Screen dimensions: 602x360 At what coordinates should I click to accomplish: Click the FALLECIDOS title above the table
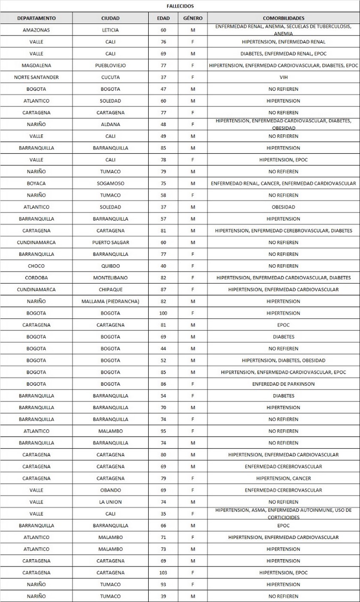(x=180, y=6)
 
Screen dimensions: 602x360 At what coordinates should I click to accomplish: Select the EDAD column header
(x=164, y=18)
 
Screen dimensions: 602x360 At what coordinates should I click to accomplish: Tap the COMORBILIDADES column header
(x=283, y=18)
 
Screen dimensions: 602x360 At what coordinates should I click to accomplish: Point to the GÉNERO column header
(x=193, y=18)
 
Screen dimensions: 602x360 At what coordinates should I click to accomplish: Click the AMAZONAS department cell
(x=36, y=30)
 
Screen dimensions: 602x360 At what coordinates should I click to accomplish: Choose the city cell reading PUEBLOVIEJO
(x=111, y=66)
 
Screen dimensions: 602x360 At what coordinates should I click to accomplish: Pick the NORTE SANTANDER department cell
(x=36, y=77)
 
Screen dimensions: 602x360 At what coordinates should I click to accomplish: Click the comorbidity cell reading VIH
(x=283, y=77)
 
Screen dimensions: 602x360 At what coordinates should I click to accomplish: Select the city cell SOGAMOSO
(x=111, y=183)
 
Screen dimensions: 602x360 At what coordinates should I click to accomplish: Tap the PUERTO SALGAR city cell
(x=111, y=242)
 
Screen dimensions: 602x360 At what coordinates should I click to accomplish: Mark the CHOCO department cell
(x=36, y=266)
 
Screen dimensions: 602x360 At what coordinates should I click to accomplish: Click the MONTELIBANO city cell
(x=111, y=278)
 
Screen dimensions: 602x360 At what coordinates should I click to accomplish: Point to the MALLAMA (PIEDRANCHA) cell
(x=111, y=301)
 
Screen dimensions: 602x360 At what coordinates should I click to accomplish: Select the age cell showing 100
(x=164, y=313)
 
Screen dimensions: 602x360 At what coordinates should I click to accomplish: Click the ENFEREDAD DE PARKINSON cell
(x=283, y=384)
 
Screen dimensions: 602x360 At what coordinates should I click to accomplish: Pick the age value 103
(x=164, y=572)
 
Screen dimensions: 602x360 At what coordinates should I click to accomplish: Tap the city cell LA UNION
(x=111, y=502)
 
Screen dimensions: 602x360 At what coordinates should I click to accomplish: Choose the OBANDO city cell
(x=111, y=490)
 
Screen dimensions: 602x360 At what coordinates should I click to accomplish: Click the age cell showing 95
(x=164, y=431)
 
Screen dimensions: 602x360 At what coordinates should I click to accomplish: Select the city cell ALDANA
(x=111, y=124)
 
